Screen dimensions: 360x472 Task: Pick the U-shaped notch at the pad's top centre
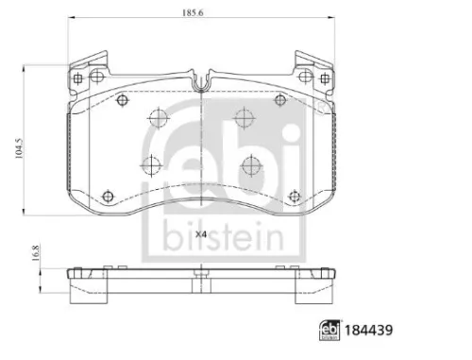[x=199, y=82]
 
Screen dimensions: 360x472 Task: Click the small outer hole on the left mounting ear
[x=78, y=78]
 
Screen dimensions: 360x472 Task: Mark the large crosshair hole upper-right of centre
[x=244, y=118]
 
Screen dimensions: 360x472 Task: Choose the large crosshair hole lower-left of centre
[x=151, y=166]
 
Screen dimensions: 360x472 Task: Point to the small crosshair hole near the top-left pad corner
[x=122, y=100]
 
